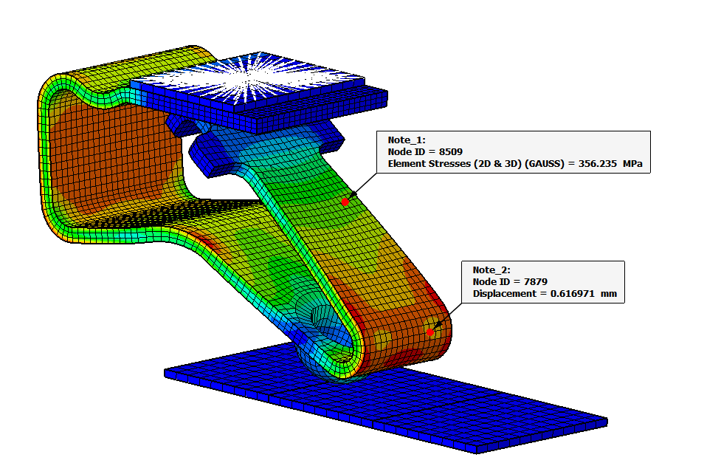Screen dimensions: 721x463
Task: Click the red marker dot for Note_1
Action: coord(345,202)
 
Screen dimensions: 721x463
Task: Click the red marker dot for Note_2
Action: coord(430,332)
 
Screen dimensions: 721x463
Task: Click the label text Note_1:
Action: coord(407,140)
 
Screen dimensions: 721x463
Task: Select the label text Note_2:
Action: coord(491,270)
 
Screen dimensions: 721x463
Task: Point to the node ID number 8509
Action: coord(451,152)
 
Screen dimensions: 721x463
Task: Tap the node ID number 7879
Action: coord(536,281)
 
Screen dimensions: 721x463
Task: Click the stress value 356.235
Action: coord(597,164)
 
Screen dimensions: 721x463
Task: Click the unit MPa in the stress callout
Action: coord(632,164)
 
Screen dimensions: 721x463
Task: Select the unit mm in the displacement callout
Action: coord(609,294)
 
